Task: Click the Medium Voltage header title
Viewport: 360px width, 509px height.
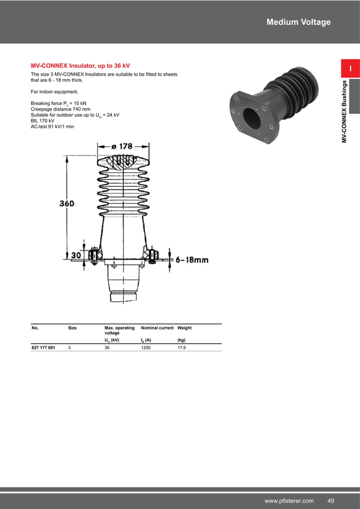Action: pyautogui.click(x=298, y=22)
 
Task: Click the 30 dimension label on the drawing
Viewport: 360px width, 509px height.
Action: pyautogui.click(x=75, y=256)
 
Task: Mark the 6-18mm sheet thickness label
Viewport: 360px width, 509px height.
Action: pyautogui.click(x=192, y=260)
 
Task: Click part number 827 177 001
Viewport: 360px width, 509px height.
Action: pyautogui.click(x=43, y=348)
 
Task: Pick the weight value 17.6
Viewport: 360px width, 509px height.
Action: pyautogui.click(x=182, y=348)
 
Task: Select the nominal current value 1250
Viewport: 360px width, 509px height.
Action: pyautogui.click(x=146, y=348)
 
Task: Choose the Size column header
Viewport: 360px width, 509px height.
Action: pyautogui.click(x=72, y=328)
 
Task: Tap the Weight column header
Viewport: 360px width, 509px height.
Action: pyautogui.click(x=185, y=328)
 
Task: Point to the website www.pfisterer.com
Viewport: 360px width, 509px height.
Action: pyautogui.click(x=289, y=501)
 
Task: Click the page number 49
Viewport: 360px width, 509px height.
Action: pyautogui.click(x=331, y=501)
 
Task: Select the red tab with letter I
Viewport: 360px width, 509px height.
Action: pyautogui.click(x=350, y=69)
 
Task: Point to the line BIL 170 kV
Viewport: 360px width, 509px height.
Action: pyautogui.click(x=42, y=120)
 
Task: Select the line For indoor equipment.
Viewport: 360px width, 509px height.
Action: pyautogui.click(x=54, y=91)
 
